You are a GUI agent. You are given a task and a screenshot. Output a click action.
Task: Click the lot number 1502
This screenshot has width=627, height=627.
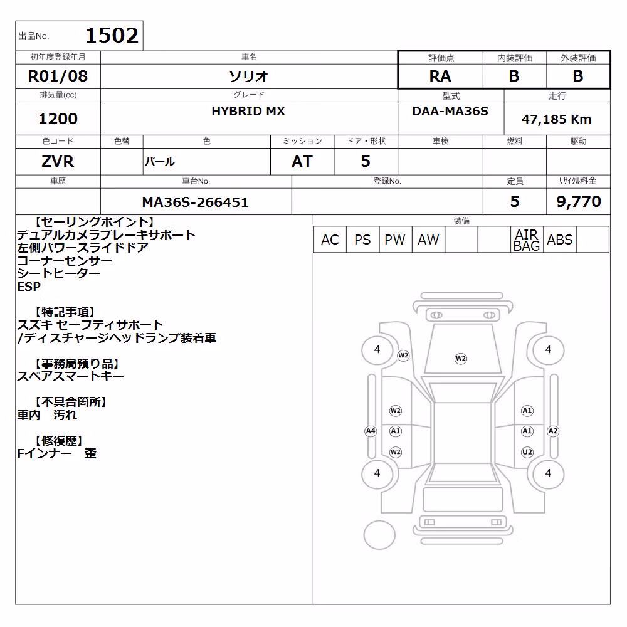point(112,35)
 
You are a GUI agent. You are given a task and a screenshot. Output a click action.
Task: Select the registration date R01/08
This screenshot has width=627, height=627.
point(58,76)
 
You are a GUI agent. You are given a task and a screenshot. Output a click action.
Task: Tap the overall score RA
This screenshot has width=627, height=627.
point(440,76)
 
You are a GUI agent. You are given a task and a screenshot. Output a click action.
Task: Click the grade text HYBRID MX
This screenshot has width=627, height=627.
point(248,111)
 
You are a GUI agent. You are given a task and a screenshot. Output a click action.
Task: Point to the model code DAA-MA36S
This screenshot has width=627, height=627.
point(450,111)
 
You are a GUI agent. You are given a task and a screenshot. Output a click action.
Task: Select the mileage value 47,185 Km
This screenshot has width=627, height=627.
point(556,119)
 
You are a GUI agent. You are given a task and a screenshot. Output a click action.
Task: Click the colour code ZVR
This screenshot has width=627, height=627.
point(58,162)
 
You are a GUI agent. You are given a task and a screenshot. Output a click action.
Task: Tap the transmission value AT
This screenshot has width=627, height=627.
point(302,162)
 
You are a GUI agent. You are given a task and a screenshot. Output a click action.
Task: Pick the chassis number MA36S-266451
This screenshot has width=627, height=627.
point(195,202)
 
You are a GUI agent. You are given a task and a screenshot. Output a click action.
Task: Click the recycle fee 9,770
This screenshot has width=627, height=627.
point(579,201)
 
